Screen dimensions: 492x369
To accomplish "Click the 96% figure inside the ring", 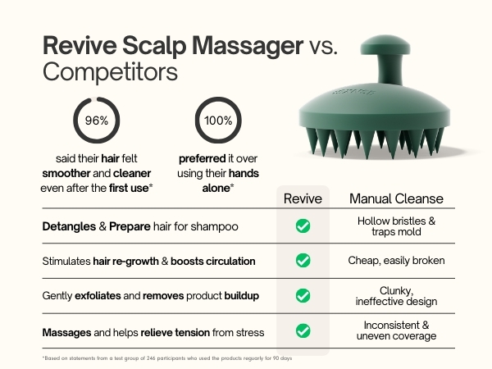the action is tap(97, 121).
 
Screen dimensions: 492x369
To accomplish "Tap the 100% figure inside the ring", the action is tap(218, 121).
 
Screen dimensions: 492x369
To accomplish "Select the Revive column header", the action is tap(303, 198).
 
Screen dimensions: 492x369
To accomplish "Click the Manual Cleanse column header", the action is tap(396, 198).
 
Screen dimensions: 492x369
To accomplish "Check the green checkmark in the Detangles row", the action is tap(303, 226).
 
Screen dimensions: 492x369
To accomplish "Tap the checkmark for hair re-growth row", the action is tap(303, 261).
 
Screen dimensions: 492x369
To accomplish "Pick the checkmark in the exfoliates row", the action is tap(303, 295).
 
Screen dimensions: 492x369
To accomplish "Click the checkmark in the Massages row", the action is tap(303, 330).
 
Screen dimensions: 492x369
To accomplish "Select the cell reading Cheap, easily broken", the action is tap(396, 261).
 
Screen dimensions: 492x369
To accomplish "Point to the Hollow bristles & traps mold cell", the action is tap(396, 226).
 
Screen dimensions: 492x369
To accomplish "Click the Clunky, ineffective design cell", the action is tap(396, 296).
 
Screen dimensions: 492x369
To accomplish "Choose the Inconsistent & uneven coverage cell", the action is tap(396, 330).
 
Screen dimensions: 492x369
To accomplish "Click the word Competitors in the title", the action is tap(110, 72).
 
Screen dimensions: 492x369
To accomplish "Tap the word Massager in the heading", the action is tap(248, 46).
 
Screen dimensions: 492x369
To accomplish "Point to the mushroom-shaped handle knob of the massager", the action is tap(385, 45).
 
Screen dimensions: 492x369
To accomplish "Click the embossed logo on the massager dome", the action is tap(353, 92).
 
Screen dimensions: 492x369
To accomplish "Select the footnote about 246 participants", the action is tap(167, 358).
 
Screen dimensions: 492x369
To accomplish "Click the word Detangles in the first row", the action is tap(69, 226).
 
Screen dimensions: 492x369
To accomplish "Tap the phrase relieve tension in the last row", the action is tap(175, 332).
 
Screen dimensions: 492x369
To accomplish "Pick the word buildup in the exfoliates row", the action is tap(242, 295).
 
